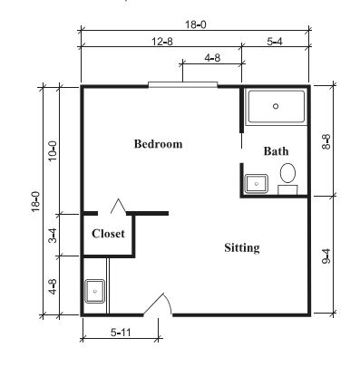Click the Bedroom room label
click(158, 144)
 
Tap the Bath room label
click(276, 151)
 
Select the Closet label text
click(108, 234)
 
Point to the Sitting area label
click(242, 248)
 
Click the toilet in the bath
click(287, 179)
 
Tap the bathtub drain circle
click(276, 106)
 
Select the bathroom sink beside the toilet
click(257, 184)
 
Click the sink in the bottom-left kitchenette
click(94, 291)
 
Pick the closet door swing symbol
click(118, 206)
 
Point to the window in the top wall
click(183, 85)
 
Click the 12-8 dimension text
click(162, 41)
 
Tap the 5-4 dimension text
click(275, 41)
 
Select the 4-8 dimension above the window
click(212, 57)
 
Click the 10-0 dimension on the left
click(53, 151)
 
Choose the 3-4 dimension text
click(53, 236)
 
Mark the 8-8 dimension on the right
click(326, 141)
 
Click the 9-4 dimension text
click(326, 256)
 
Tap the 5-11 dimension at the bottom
click(121, 333)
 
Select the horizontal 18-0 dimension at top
click(196, 24)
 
